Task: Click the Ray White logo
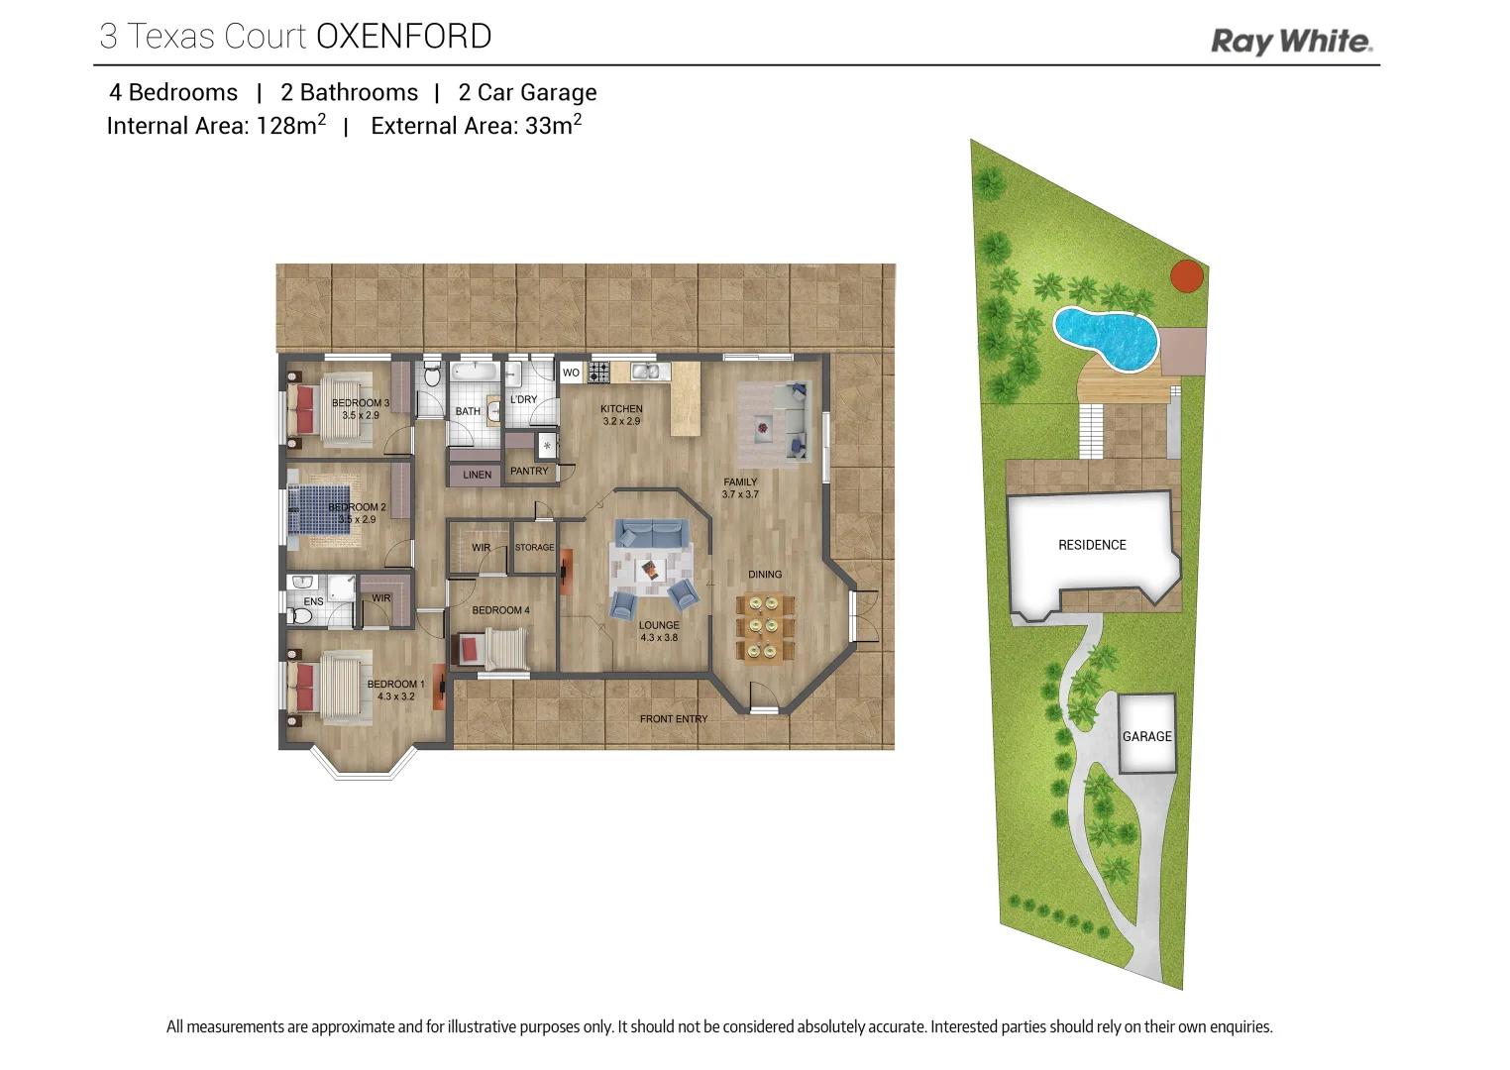coord(1291,42)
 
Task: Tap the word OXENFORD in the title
coord(403,37)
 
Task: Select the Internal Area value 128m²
coord(290,126)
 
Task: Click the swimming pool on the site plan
coord(1105,337)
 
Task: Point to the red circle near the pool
coord(1187,276)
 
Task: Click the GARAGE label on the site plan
coord(1146,736)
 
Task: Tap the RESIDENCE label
coord(1092,545)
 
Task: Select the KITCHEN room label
coord(621,408)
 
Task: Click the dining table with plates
coord(764,627)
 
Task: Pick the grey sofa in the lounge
coord(651,534)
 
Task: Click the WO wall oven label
coord(571,373)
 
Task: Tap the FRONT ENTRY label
coord(674,719)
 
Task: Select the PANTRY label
coord(529,472)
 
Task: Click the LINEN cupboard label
coord(477,475)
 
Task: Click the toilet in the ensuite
coord(302,616)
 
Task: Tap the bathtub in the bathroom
coord(474,372)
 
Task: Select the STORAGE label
coord(534,547)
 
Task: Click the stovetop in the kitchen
coord(598,373)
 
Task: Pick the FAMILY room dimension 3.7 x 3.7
coord(740,494)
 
